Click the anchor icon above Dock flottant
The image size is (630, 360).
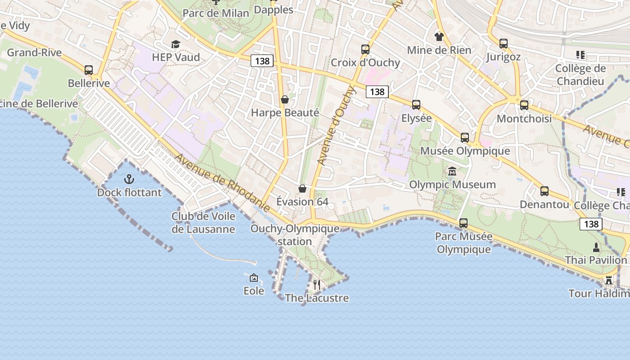[129, 180]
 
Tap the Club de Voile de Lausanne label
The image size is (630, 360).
[203, 223]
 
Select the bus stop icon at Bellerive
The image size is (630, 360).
[89, 70]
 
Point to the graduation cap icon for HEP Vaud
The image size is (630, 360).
[175, 44]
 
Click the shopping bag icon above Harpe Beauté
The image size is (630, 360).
[284, 99]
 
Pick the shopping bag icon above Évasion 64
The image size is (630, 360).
[302, 188]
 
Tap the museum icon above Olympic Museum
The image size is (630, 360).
[452, 171]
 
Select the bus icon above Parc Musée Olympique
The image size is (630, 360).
[463, 223]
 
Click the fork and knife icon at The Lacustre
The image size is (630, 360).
[317, 284]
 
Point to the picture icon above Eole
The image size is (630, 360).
[254, 278]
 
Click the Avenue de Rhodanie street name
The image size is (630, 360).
[222, 183]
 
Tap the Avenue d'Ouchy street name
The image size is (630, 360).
[337, 126]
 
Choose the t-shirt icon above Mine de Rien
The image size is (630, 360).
[439, 36]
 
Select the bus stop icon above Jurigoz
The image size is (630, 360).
[504, 44]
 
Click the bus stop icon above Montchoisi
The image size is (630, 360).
[524, 105]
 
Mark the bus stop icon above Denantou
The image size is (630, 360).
[544, 191]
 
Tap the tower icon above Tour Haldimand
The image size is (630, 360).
[609, 280]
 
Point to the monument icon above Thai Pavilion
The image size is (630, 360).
[596, 247]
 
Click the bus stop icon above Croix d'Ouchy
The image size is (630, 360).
[365, 49]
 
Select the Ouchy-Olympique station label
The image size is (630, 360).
[295, 235]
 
